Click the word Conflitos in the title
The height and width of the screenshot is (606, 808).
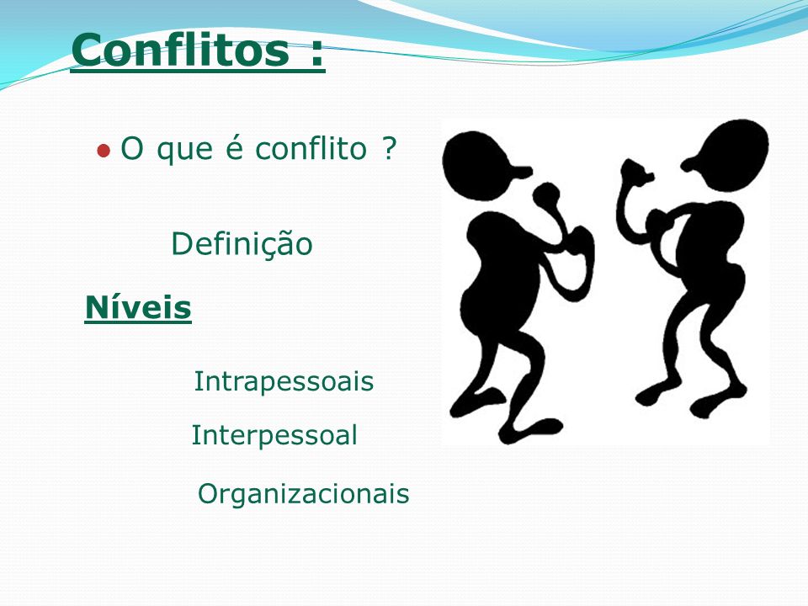pyautogui.click(x=180, y=49)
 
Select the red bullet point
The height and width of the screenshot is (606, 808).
pyautogui.click(x=104, y=151)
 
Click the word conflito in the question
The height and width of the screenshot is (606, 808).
pyautogui.click(x=311, y=148)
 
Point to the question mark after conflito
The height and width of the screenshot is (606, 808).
pyautogui.click(x=390, y=148)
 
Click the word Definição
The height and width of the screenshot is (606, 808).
pyautogui.click(x=242, y=244)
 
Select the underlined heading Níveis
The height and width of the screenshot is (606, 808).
pyautogui.click(x=138, y=307)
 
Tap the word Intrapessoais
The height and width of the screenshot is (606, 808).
pyautogui.click(x=284, y=382)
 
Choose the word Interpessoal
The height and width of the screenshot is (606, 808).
pyautogui.click(x=274, y=435)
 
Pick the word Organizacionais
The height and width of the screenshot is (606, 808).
pyautogui.click(x=304, y=493)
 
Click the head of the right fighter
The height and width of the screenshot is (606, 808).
pyautogui.click(x=727, y=155)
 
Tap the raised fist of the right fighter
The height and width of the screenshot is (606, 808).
pyautogui.click(x=635, y=173)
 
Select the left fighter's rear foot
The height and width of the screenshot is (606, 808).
pyautogui.click(x=474, y=402)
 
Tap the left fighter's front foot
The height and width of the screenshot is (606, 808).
pyautogui.click(x=531, y=430)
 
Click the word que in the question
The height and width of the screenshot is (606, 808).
pyautogui.click(x=184, y=151)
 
